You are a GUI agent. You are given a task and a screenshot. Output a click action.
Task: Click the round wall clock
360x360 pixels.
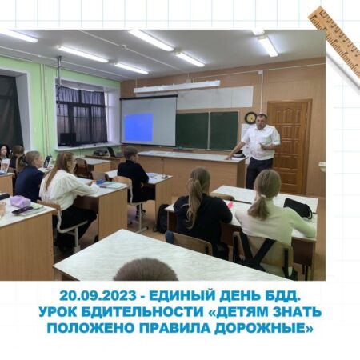click(x=250, y=118)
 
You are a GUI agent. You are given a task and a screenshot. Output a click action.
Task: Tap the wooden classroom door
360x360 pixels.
click(x=289, y=146)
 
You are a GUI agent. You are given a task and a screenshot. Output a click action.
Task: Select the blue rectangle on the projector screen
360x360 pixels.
click(x=139, y=127)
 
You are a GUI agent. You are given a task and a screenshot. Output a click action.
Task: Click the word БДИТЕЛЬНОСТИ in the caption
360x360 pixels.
click(x=142, y=312)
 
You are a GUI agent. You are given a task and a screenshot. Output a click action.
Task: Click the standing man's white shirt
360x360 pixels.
click(x=262, y=142)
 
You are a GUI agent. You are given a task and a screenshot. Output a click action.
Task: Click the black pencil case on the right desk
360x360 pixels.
click(x=298, y=207)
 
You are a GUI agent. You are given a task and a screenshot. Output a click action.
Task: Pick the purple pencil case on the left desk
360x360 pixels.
click(x=19, y=202)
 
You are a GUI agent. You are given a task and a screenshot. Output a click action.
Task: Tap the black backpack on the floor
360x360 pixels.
click(x=162, y=219)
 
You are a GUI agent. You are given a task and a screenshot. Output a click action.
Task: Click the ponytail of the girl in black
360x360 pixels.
click(x=194, y=197)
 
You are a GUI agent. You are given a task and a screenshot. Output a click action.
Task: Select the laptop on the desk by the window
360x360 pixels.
click(x=113, y=152)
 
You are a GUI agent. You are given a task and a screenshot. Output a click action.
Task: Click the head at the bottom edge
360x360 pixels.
click(x=146, y=270)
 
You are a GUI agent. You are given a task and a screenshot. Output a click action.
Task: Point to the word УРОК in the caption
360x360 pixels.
click(x=58, y=312)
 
